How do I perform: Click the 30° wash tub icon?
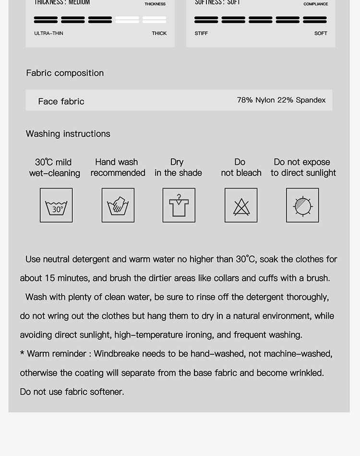coord(56,205)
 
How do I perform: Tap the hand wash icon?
coord(118,205)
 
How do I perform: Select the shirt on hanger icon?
coord(179,205)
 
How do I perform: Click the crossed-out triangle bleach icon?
coord(241,205)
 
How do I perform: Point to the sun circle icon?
coord(302,205)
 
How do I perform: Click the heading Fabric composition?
coord(65,73)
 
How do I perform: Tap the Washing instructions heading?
coord(68,134)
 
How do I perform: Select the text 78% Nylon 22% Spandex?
coord(281,100)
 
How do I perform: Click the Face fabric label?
coord(61,101)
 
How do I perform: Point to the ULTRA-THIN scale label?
coord(48,34)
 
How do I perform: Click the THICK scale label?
coord(159,34)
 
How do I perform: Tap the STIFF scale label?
coord(201,34)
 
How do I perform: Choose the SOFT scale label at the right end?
coord(321,34)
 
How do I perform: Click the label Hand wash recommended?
coord(118,168)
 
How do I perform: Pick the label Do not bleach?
coord(241,168)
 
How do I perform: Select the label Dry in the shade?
coord(178,168)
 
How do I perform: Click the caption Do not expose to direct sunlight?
coord(303,168)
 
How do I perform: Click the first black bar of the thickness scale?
coord(46,20)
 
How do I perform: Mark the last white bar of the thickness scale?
coord(155,20)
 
